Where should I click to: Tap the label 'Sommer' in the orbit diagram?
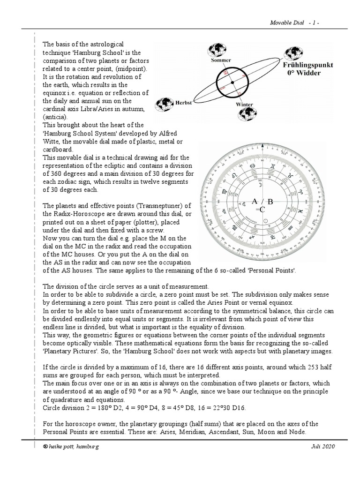pos(221,60)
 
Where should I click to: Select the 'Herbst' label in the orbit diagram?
pos(183,103)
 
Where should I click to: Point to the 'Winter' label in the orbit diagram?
pos(244,105)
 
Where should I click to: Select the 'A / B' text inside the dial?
pos(262,202)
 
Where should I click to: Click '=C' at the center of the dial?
pos(262,210)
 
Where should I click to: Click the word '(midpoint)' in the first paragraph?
pos(136,69)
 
